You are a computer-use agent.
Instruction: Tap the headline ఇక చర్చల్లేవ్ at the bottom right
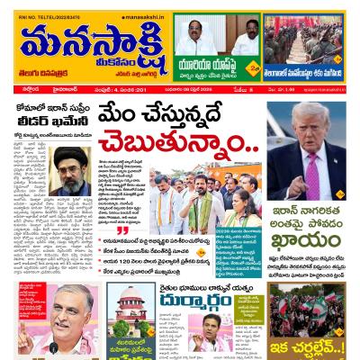point(314,344)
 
